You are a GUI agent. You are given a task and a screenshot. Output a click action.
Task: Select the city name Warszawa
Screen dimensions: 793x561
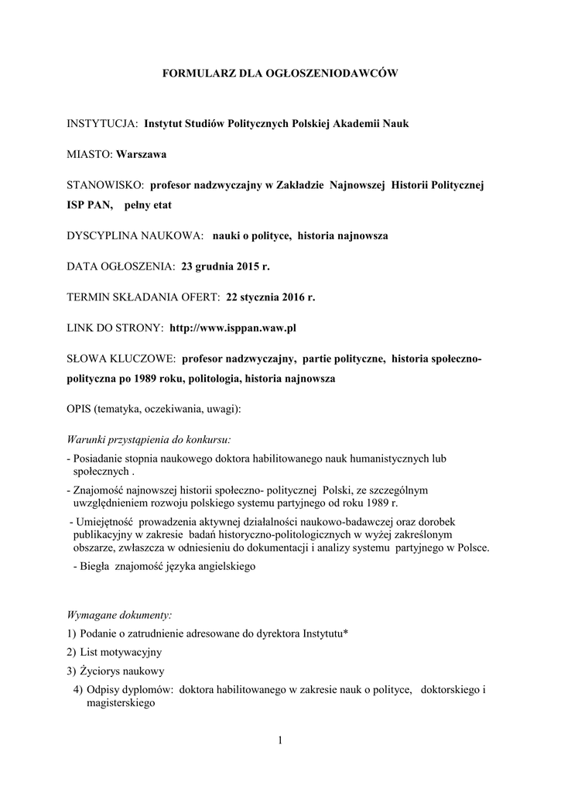(142, 154)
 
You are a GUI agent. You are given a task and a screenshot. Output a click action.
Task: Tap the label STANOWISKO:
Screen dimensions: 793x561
(105, 185)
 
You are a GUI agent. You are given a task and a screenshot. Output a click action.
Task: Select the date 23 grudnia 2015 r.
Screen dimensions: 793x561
(226, 266)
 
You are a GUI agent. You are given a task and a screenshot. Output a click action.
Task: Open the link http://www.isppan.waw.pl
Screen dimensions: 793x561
(233, 328)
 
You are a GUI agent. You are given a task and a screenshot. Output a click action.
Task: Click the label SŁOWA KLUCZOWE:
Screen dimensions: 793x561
(121, 359)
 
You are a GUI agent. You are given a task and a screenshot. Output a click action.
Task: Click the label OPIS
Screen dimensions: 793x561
(80, 408)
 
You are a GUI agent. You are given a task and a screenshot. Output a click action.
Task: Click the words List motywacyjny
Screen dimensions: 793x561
(121, 652)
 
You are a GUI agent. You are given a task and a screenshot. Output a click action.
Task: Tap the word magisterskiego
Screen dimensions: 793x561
(116, 704)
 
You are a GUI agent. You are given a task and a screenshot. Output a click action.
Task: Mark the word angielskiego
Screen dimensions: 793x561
(224, 566)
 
